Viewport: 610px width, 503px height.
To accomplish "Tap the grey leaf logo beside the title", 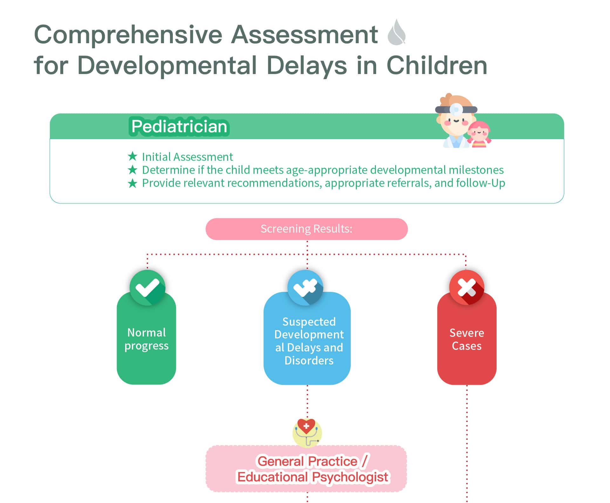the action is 397,32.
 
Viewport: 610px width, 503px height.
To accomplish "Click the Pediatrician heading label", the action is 179,126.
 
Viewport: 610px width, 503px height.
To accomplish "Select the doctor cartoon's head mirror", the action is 456,109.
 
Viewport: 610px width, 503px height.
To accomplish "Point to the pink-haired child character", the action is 479,134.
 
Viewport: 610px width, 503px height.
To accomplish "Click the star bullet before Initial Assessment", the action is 132,156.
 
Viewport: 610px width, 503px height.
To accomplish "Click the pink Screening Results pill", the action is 307,229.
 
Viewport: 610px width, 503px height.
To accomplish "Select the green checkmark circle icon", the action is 147,288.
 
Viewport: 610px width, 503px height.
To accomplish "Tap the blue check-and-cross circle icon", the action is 305,288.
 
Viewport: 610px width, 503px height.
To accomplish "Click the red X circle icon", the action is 467,288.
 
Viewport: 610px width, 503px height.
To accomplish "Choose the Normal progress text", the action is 146,339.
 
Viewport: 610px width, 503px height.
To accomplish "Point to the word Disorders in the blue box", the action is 309,361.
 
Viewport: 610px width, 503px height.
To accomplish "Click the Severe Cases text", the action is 467,339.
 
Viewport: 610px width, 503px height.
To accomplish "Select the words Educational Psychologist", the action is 313,477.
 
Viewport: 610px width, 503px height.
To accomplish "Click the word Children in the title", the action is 437,66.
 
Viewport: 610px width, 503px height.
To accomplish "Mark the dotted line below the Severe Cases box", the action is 467,444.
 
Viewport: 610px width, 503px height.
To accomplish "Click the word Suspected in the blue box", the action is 309,322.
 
